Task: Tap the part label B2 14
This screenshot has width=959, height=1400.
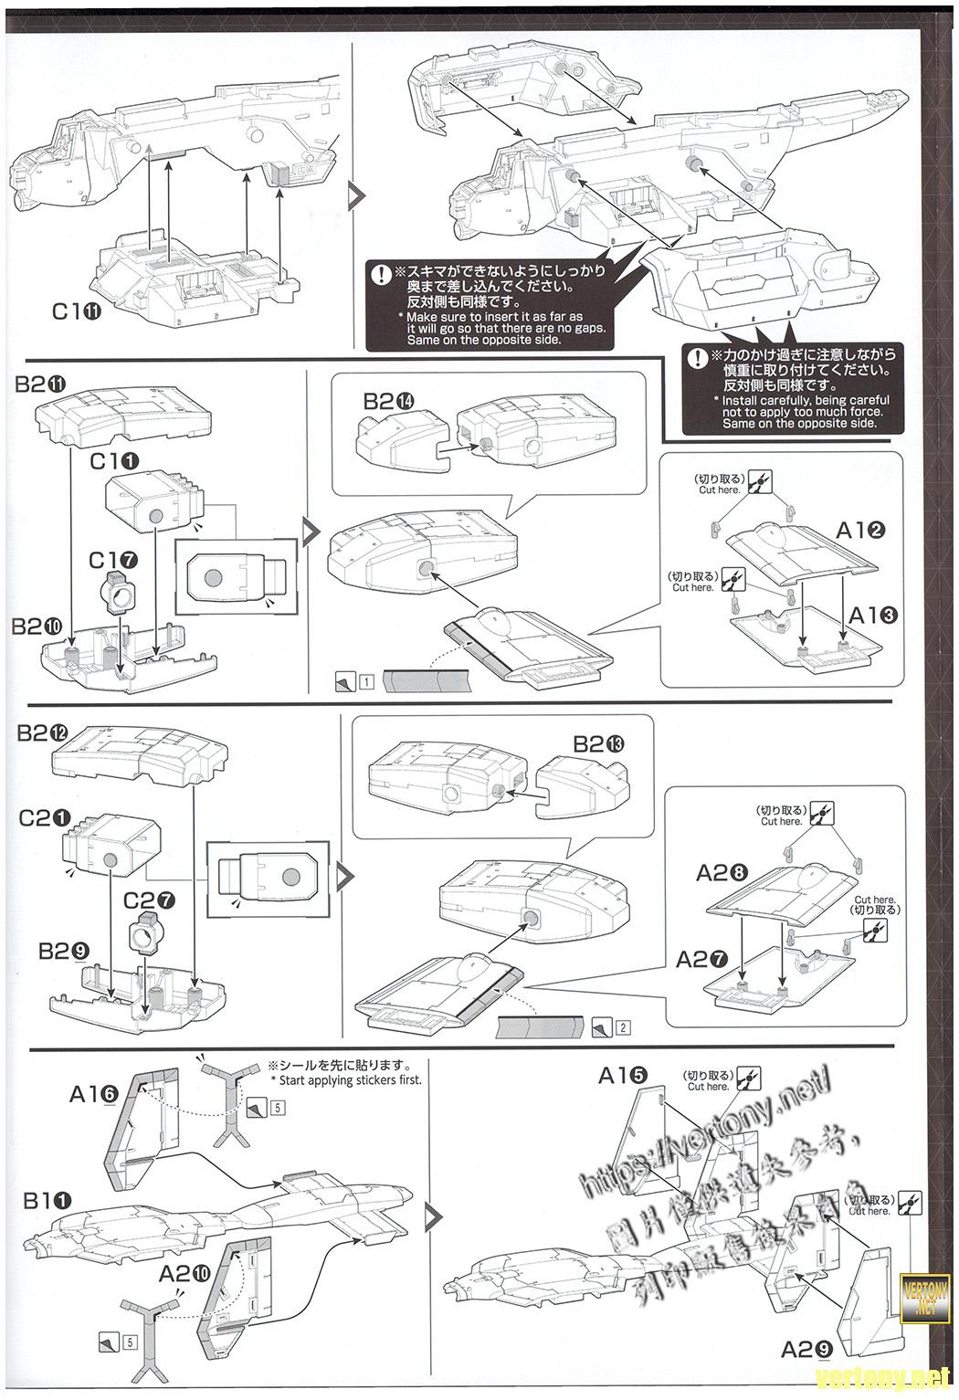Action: coord(389,401)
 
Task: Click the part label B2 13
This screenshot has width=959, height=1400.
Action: coord(598,744)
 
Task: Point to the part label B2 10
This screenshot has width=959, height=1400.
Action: coord(38,627)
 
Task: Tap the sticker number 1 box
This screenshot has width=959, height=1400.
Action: coord(365,681)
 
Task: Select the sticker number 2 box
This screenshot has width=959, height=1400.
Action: coord(623,1027)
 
